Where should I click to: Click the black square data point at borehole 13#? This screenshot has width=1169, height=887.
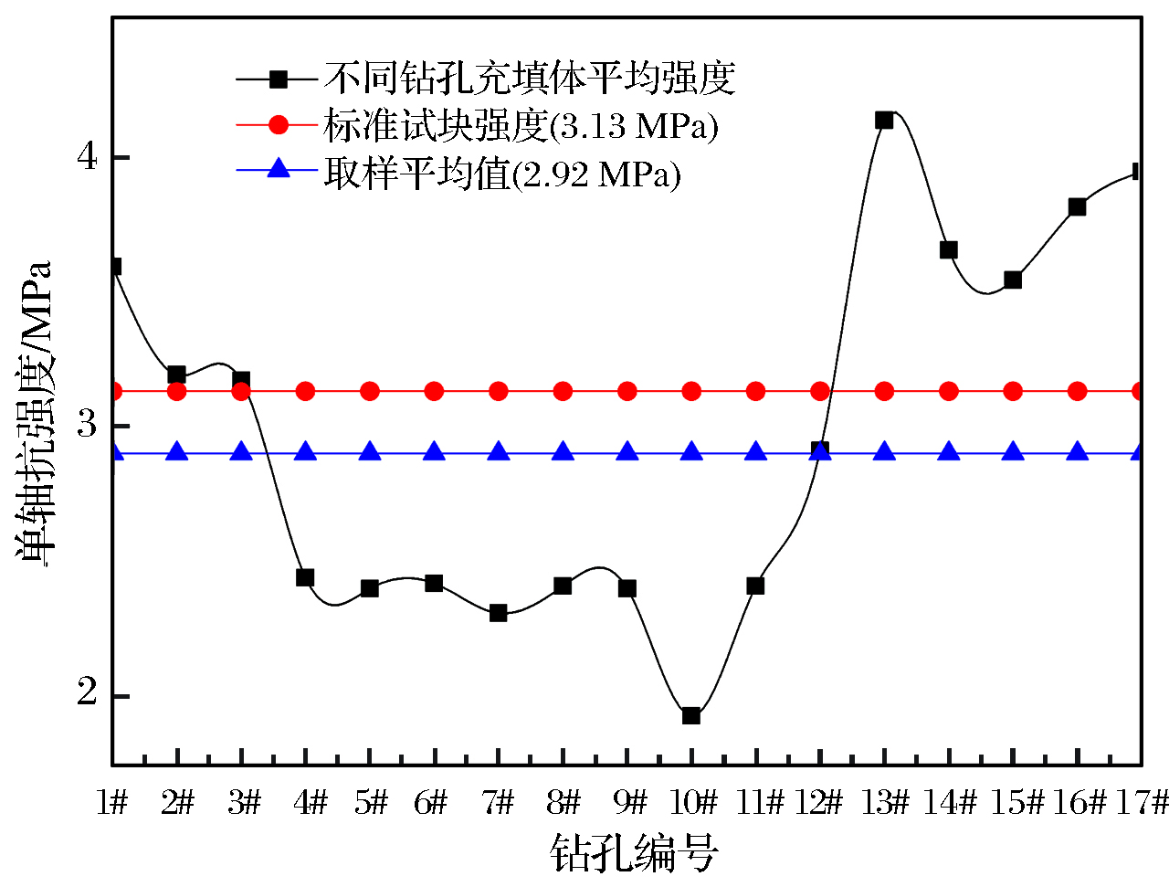click(884, 120)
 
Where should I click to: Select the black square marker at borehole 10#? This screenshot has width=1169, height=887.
click(691, 715)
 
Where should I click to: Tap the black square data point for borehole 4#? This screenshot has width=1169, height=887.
click(306, 577)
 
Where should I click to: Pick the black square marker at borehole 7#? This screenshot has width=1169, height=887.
click(499, 613)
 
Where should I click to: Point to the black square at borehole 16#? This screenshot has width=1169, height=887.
click(1078, 206)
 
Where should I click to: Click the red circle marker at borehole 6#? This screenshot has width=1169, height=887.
click(435, 391)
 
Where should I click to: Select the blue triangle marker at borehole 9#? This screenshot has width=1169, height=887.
click(627, 452)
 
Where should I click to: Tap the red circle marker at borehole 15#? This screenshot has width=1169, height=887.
click(1013, 391)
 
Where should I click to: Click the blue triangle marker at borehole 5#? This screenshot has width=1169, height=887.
click(370, 452)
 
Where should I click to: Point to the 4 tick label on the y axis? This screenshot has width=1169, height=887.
click(87, 157)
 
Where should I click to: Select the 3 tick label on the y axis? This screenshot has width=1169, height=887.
click(87, 425)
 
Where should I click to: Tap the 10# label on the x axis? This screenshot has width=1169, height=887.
click(693, 803)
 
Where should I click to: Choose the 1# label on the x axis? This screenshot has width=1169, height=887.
click(112, 803)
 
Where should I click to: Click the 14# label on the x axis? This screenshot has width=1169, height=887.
click(951, 803)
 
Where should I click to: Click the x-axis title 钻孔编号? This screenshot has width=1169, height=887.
click(634, 854)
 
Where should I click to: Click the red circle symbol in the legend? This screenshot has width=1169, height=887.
click(279, 124)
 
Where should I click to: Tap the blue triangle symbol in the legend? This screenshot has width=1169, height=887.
click(279, 169)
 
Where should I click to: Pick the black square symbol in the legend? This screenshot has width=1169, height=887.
click(279, 79)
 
